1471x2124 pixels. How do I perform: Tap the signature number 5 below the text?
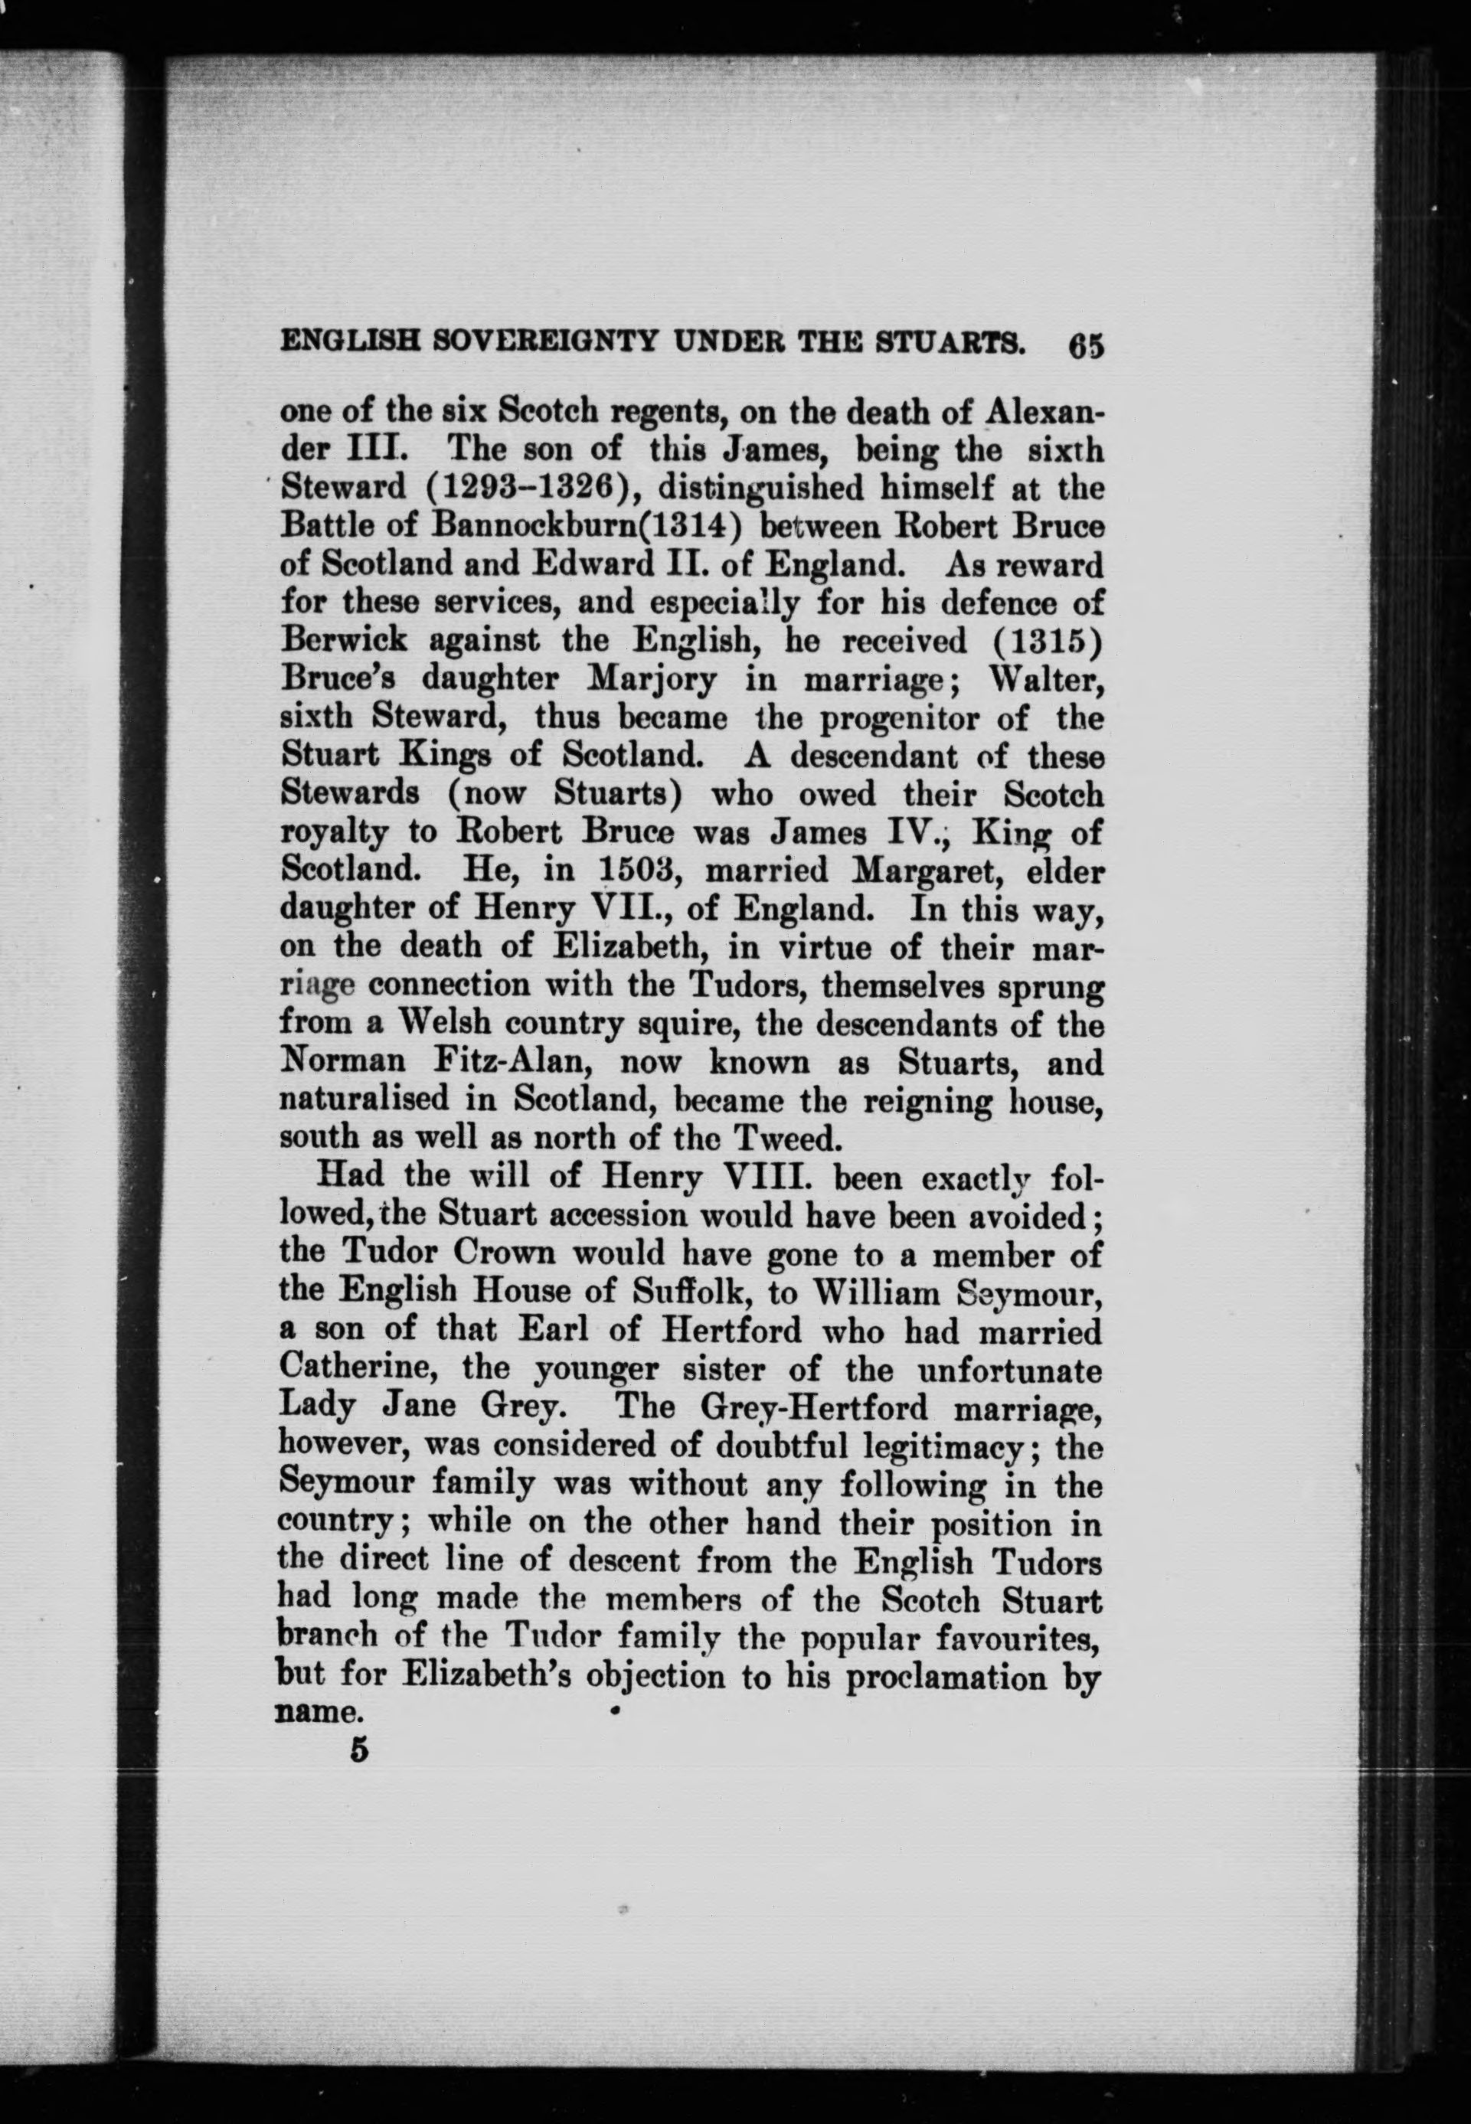click(x=358, y=1749)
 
